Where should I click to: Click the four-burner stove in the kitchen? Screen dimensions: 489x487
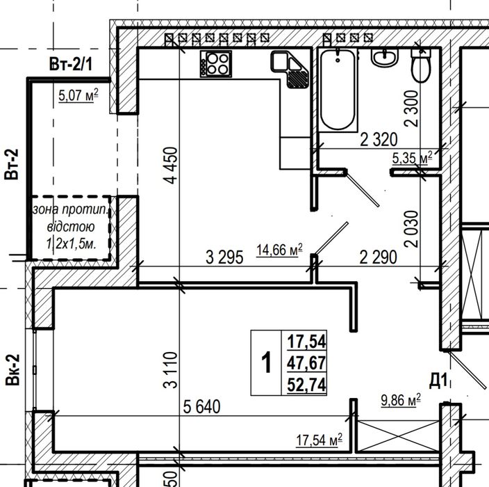click(216, 64)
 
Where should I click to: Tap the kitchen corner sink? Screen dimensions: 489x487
click(290, 70)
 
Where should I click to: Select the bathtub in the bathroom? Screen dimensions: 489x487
click(338, 90)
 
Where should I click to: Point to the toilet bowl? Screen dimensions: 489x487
click(421, 65)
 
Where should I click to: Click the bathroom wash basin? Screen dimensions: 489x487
click(385, 58)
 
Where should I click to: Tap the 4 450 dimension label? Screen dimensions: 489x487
click(171, 166)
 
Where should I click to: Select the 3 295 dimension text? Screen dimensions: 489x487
click(224, 257)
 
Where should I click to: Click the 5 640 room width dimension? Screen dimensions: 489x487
click(201, 407)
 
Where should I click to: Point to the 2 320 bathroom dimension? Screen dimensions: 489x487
click(379, 140)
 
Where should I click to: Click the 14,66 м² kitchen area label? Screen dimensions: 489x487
click(279, 250)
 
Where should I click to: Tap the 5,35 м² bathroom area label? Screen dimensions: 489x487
click(413, 158)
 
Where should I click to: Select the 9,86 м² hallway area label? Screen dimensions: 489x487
click(401, 400)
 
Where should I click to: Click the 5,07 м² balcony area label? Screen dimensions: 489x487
click(78, 95)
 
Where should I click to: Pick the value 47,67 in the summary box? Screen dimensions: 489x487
click(306, 362)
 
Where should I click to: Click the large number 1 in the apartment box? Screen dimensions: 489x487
click(266, 362)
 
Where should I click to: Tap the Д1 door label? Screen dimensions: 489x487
click(439, 381)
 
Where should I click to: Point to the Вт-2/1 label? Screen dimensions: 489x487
click(71, 64)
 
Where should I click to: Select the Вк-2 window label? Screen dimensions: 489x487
click(13, 369)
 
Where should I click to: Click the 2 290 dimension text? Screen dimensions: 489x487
click(379, 257)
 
